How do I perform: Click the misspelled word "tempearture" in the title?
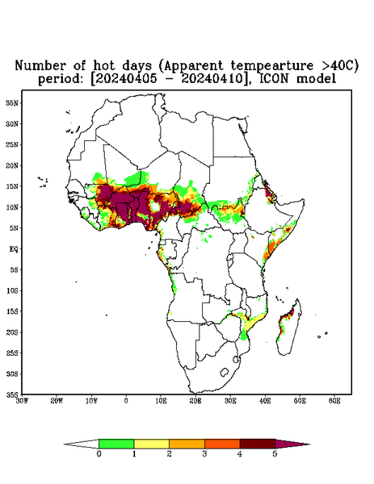[x=272, y=66]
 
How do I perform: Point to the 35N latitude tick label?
[x=12, y=102]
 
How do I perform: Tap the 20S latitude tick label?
[x=12, y=332]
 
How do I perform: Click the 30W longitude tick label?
[x=22, y=401]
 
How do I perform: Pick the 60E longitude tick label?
[x=334, y=401]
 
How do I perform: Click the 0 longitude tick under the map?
[x=126, y=401]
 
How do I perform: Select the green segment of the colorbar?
[x=116, y=444]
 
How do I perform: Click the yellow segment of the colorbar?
[x=151, y=444]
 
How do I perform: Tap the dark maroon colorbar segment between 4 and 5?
[x=258, y=444]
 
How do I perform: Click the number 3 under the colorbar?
[x=204, y=454]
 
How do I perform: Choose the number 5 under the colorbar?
[x=275, y=454]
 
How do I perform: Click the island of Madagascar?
[x=289, y=328]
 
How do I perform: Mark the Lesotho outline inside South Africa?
[x=225, y=372]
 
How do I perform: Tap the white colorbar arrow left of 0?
[x=82, y=444]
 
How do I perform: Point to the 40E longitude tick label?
[x=265, y=401]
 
